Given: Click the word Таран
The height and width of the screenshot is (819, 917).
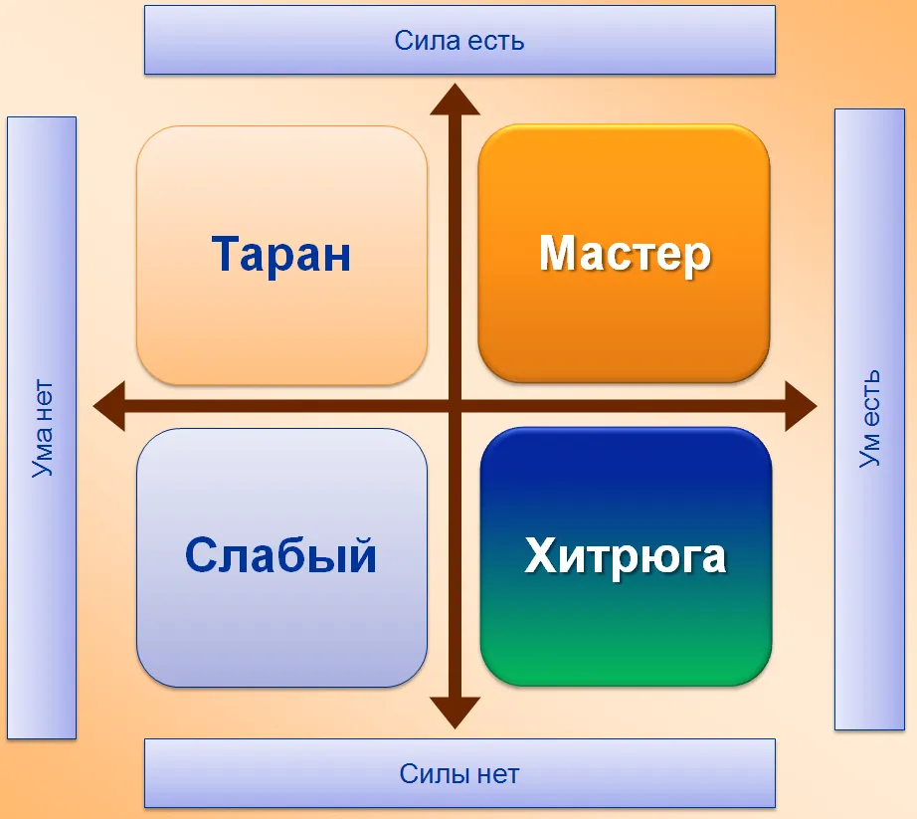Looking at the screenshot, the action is tap(280, 254).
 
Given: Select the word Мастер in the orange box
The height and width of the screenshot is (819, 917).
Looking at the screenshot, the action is tap(625, 254).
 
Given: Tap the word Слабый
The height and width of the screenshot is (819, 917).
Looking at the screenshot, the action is tap(280, 554).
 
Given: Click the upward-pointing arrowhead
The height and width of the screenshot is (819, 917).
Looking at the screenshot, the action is tap(455, 99).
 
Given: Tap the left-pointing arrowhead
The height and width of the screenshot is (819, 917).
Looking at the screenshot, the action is tap(108, 406).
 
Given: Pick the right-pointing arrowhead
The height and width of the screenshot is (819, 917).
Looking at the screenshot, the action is tap(801, 406).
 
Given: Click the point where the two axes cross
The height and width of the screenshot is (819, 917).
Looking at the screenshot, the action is tap(455, 406).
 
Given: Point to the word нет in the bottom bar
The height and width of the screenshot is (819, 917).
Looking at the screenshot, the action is tap(497, 775).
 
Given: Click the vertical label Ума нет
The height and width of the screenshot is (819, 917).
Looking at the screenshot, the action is tap(42, 429).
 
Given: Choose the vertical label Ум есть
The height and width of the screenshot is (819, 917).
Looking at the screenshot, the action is tap(869, 418).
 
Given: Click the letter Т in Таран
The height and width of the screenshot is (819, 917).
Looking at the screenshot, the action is tap(225, 254).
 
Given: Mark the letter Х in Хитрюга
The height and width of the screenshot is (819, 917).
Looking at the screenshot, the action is tap(540, 555).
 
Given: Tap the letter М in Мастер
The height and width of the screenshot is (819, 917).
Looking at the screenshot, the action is tap(558, 253).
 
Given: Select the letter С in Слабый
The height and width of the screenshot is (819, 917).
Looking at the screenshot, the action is tap(201, 554).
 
